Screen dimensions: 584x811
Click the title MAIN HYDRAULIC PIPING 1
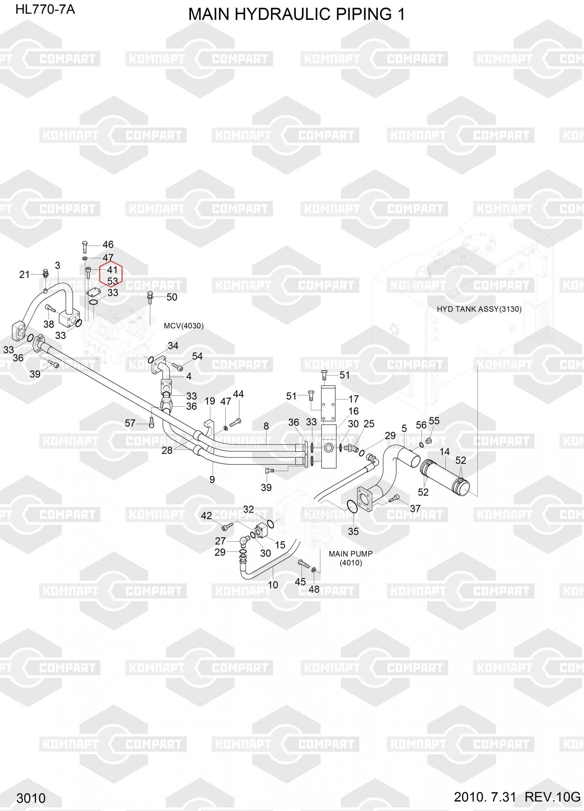(297, 15)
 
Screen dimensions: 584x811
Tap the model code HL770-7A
(45, 9)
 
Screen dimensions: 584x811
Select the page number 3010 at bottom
(31, 798)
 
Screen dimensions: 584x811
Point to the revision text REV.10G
(552, 797)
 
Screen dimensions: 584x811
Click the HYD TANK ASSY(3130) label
(479, 309)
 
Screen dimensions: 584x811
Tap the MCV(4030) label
(184, 326)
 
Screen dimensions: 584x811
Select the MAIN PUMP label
(351, 554)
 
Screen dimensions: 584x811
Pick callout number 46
(108, 245)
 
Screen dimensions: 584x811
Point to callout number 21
(24, 275)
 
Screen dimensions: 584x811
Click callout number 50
(172, 297)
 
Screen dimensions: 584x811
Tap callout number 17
(353, 399)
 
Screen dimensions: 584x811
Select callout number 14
(445, 452)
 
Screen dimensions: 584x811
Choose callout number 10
(273, 585)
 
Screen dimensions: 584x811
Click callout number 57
(130, 423)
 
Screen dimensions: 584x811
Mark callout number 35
(353, 531)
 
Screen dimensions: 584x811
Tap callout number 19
(210, 401)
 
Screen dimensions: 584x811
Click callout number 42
(206, 515)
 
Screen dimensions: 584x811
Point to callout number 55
(434, 421)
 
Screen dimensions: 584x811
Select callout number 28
(167, 450)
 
